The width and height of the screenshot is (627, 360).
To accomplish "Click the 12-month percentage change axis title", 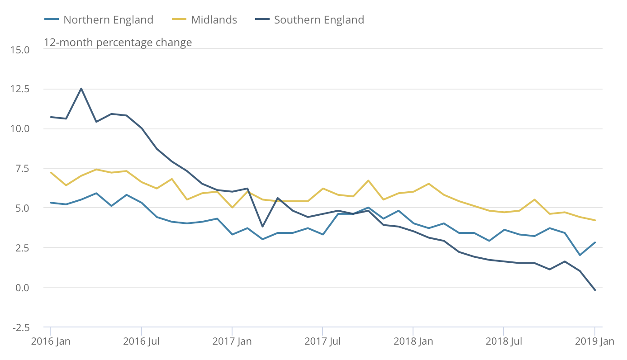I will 118,43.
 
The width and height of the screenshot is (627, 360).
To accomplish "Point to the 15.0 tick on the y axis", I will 20,49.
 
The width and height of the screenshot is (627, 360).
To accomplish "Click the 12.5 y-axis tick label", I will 20,89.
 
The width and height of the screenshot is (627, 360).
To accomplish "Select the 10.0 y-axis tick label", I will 20,129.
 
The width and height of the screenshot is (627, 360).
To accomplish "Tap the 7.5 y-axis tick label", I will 22,169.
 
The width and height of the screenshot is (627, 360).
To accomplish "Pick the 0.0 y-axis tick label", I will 22,288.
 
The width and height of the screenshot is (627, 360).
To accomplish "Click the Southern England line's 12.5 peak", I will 81,89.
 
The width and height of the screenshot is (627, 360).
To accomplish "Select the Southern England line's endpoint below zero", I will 594,290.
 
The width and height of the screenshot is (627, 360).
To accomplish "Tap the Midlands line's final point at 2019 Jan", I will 594,220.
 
